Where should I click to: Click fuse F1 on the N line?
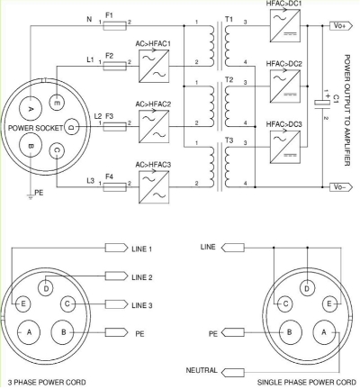[x=114, y=26]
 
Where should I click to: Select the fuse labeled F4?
[x=114, y=187]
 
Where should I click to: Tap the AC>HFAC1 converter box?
[x=154, y=66]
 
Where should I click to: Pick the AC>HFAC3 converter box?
[x=154, y=187]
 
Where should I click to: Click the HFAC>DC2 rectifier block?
[x=285, y=86]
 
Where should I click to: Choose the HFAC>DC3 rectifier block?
[x=285, y=147]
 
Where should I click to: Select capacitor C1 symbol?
[x=322, y=102]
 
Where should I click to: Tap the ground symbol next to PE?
[x=31, y=196]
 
